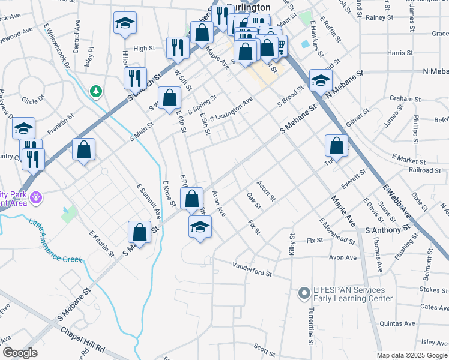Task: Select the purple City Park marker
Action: [36, 196]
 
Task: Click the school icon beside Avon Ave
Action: [200, 227]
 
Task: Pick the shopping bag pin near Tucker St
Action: [336, 146]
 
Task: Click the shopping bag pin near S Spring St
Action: [170, 97]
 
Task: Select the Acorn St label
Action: [265, 190]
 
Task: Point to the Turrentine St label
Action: [311, 326]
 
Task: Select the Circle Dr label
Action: [33, 98]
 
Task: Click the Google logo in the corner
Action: [20, 353]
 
